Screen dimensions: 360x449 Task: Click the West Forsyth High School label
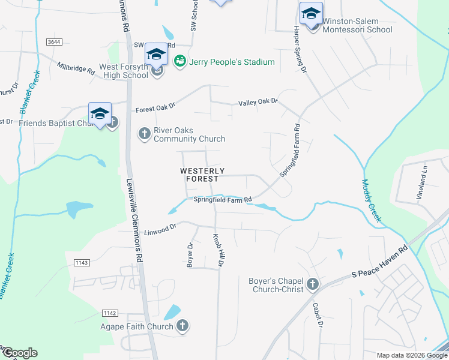[x=119, y=71]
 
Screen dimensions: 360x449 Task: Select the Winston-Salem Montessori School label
[x=357, y=25]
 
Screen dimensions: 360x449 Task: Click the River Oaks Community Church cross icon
[x=144, y=133]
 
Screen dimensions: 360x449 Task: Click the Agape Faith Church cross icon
[x=183, y=326]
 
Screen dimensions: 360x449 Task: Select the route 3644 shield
[x=54, y=41]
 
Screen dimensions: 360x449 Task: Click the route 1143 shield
[x=82, y=263]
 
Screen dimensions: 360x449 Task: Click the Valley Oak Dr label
[x=258, y=102]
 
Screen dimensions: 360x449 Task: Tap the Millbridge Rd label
[x=76, y=68]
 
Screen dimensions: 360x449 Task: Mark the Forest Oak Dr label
[x=155, y=108]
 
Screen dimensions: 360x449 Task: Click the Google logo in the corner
[x=20, y=353]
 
